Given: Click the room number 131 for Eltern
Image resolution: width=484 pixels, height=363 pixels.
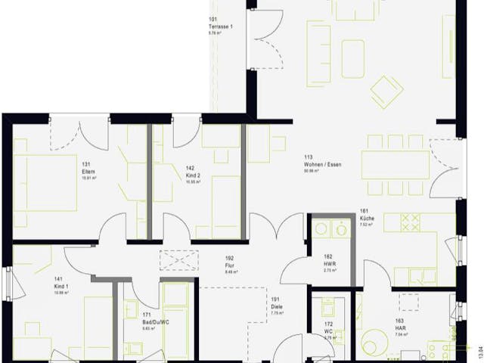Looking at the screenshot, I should (x=86, y=164).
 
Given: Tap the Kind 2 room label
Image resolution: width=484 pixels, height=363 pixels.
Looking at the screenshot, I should (x=192, y=175).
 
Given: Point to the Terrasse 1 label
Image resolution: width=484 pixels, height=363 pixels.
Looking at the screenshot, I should (x=221, y=27).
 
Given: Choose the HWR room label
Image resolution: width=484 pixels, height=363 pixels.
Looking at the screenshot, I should (x=329, y=263).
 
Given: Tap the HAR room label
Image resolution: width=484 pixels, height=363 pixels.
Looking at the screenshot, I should (x=399, y=327).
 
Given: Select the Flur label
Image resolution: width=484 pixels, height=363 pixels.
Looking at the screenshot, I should (x=229, y=265).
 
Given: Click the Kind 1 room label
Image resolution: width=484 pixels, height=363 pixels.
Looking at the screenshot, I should (x=60, y=287).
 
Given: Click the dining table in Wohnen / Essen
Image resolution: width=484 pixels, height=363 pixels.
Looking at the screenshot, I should (x=395, y=164).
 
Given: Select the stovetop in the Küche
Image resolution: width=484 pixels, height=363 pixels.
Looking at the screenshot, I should (x=410, y=222).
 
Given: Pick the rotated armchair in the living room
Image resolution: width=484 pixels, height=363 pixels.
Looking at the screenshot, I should (x=386, y=92).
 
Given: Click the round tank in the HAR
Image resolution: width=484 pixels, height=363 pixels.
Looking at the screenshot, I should (x=374, y=342).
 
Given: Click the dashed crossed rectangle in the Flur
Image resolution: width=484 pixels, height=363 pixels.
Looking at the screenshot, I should (x=179, y=259).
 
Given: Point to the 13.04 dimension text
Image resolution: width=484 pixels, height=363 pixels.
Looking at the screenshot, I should (x=477, y=349).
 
